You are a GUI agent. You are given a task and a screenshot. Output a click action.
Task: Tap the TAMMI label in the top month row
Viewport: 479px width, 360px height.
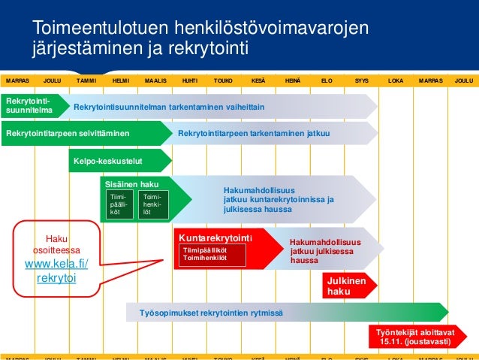coord(86,80)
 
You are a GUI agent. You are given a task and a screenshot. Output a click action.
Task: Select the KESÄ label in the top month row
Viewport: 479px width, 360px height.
coord(257,80)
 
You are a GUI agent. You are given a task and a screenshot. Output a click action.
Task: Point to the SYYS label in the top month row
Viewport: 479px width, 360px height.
coord(361,80)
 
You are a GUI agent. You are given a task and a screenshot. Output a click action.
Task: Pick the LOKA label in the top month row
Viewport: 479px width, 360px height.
coord(396,80)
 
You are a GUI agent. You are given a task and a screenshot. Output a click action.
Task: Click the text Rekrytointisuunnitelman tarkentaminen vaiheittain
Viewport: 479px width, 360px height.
coord(169,107)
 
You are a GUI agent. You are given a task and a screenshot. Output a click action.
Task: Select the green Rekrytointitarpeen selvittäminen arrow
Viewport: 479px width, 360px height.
coord(68,134)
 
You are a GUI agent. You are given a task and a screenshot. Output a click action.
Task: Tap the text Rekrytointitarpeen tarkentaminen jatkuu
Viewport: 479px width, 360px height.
coord(254,134)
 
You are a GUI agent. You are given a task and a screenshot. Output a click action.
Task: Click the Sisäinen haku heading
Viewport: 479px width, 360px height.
coord(131,183)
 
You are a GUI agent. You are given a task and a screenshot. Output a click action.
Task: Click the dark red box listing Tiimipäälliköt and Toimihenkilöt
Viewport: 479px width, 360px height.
coord(212,254)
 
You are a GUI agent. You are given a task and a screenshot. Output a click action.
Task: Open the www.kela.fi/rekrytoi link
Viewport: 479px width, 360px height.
coord(56,271)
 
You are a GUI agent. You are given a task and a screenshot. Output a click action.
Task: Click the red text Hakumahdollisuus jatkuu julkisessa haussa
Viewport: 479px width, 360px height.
coord(324,251)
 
